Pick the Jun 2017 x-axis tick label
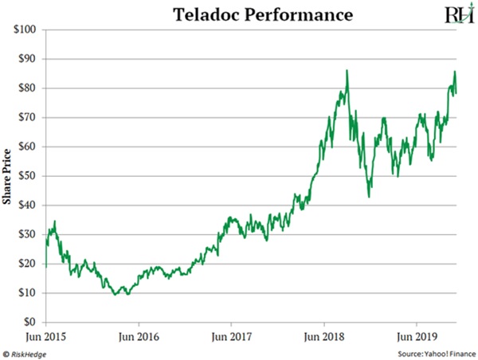pos(231,336)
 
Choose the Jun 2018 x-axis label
pos(324,336)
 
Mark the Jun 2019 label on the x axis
pos(417,336)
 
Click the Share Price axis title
pos(7,176)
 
